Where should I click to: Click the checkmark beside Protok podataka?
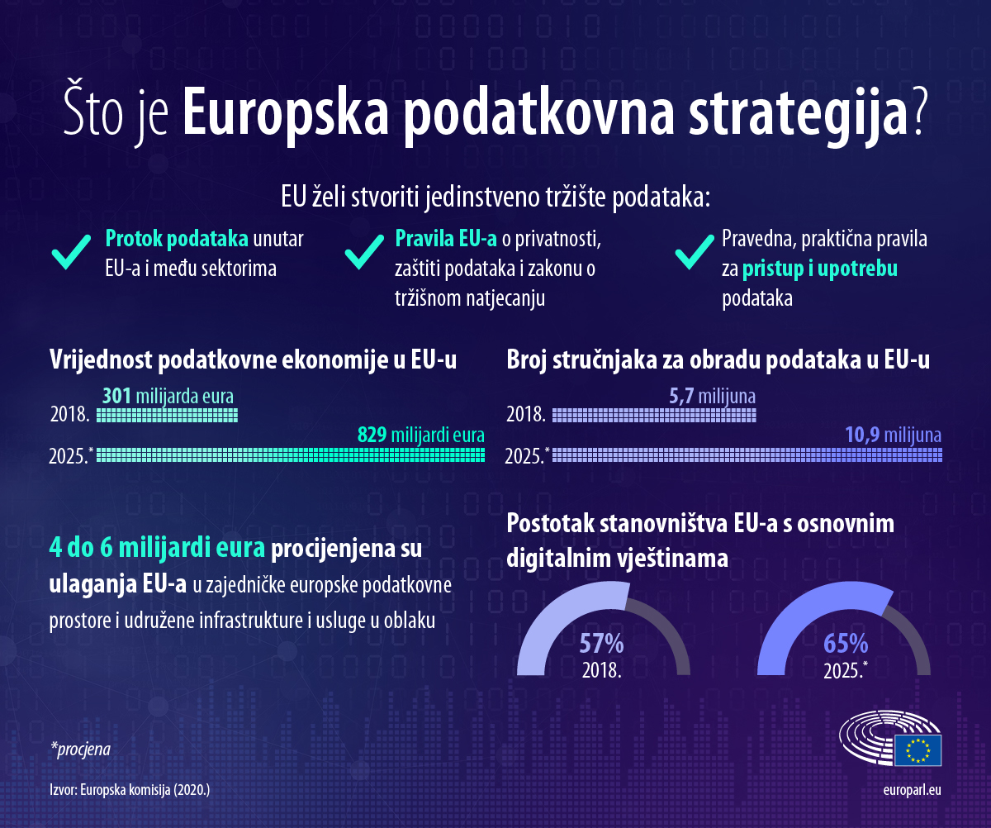point(71,252)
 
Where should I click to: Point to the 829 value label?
point(372,435)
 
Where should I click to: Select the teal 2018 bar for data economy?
point(168,414)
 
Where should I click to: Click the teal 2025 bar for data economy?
point(291,453)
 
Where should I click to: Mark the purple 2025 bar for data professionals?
point(747,453)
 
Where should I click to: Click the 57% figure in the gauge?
point(600,643)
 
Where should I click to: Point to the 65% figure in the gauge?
point(845,643)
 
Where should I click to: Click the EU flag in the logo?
point(918,750)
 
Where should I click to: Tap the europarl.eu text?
point(912,790)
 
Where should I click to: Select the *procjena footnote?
point(80,749)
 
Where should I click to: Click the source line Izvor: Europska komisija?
point(130,790)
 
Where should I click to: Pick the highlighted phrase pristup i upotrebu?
point(819,269)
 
